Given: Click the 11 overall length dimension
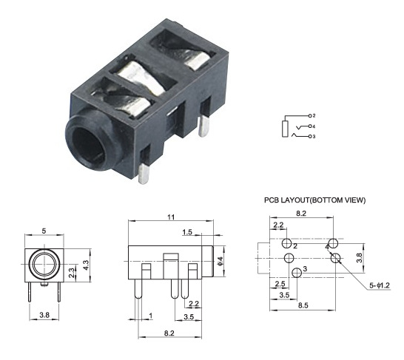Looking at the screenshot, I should [170, 217].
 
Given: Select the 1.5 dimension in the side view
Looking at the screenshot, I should [189, 232].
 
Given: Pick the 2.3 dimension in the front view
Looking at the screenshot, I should [72, 272].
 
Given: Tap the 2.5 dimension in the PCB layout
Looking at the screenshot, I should [280, 284].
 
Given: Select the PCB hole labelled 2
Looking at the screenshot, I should [286, 243].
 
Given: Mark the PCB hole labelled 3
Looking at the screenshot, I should [296, 273].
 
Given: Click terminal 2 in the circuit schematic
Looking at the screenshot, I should [313, 116].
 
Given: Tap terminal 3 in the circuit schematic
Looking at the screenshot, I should [313, 137].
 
